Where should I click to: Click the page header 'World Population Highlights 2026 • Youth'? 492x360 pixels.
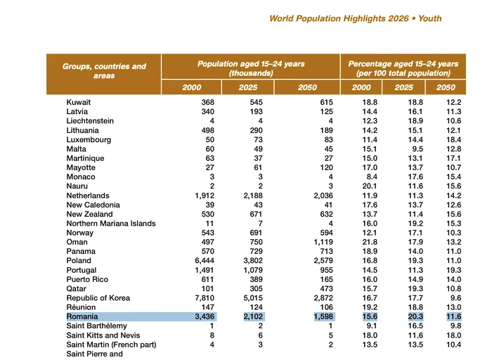pos(355,18)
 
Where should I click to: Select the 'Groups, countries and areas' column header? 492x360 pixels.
pos(104,71)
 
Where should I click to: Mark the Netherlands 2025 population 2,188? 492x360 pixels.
pos(246,195)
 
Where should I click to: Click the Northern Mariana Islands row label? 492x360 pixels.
pos(111,224)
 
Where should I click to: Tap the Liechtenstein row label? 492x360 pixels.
pos(90,121)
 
